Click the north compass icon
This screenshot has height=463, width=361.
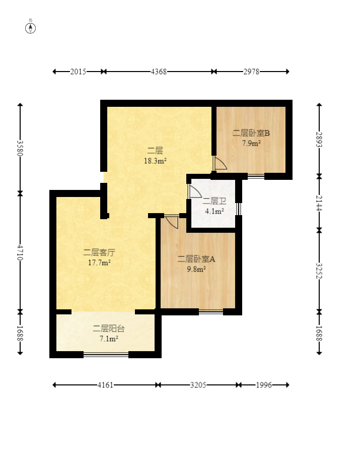[x=30, y=28]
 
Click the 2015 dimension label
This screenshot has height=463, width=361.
[x=78, y=72]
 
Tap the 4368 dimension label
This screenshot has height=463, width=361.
[x=159, y=72]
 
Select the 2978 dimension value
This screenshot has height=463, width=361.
[x=251, y=72]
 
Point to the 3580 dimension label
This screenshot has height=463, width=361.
[x=20, y=148]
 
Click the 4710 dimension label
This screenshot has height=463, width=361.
[x=20, y=252]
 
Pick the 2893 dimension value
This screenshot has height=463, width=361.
[x=319, y=140]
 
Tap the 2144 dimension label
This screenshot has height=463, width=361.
[x=319, y=203]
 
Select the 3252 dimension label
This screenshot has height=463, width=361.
[x=319, y=271]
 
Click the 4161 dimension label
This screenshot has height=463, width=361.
[x=105, y=385]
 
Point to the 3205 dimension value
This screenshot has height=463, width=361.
[x=198, y=385]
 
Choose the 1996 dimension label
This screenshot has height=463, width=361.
[x=264, y=385]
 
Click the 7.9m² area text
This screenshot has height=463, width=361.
[x=251, y=143]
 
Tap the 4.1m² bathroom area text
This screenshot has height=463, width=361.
[x=214, y=211]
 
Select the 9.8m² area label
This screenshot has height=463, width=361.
[x=196, y=269]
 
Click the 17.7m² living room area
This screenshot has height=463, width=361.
[x=100, y=262]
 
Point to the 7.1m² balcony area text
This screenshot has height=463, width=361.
[x=109, y=339]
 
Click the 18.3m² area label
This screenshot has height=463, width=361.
[x=155, y=161]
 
